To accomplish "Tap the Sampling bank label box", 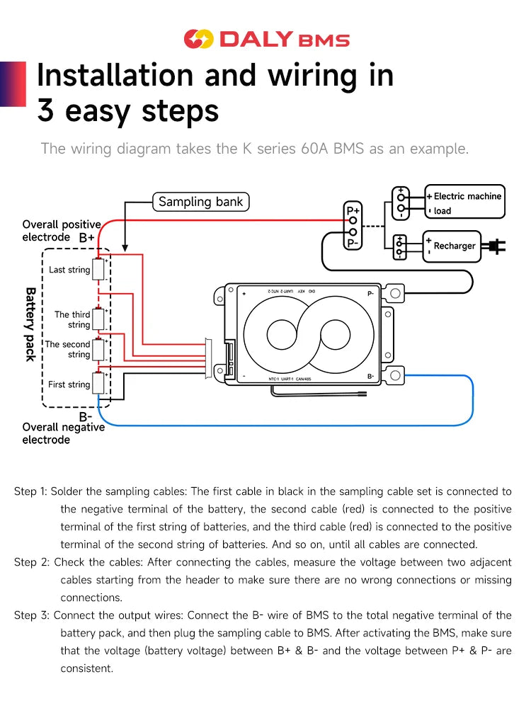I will (200, 202).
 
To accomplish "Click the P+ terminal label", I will (353, 211).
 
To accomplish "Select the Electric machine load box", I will (465, 203).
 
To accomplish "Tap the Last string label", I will (69, 270).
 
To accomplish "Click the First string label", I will (69, 384).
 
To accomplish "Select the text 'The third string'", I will (72, 319).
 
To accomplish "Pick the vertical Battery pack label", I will (30, 324).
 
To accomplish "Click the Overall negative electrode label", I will (63, 433).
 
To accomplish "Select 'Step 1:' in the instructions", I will (30, 491).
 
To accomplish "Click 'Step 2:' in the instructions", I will (30, 562).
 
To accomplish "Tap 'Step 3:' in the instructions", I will (30, 615).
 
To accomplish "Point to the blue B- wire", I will (283, 426).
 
